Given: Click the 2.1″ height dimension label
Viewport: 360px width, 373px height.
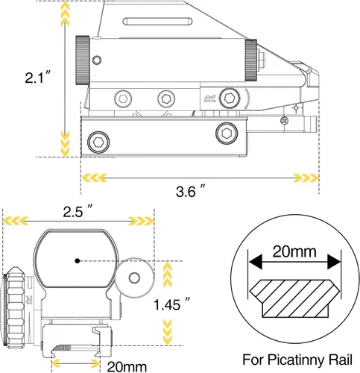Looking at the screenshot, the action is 38,77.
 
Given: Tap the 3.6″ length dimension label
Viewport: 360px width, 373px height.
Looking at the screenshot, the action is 191,191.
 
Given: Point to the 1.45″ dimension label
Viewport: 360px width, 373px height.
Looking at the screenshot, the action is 171,304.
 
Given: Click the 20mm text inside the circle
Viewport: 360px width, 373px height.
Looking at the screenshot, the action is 294,251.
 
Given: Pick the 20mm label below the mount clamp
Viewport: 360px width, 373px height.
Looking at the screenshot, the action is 127,366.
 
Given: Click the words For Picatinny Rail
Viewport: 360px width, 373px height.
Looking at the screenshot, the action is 297,360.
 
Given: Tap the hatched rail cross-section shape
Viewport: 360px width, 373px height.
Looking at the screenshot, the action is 294,298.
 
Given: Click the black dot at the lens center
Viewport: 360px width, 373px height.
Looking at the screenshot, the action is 78,261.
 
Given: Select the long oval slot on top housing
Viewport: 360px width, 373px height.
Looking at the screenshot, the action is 158,22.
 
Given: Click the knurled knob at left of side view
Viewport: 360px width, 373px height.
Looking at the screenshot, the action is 83,60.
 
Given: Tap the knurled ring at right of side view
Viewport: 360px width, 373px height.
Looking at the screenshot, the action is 251,60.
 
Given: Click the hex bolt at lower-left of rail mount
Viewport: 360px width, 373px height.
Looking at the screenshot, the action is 98,142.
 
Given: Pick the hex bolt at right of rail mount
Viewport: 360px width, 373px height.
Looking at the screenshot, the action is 227,134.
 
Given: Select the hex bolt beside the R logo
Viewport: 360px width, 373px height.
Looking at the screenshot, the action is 230,98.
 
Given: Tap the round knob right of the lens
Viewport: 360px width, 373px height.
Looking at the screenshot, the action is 134,278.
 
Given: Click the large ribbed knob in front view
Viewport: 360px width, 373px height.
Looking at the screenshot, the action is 16,307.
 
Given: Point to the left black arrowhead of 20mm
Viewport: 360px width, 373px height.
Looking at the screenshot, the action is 256,262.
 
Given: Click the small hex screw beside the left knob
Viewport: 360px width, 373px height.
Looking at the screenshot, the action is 97,60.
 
